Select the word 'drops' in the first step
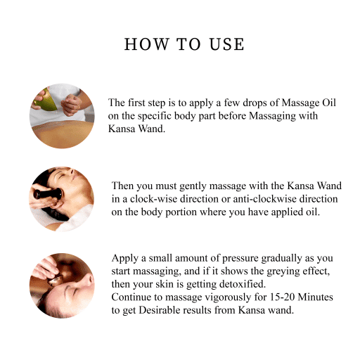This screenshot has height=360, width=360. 232,103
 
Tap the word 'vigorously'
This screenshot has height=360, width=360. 214,297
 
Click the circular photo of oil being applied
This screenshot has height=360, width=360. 62,116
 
